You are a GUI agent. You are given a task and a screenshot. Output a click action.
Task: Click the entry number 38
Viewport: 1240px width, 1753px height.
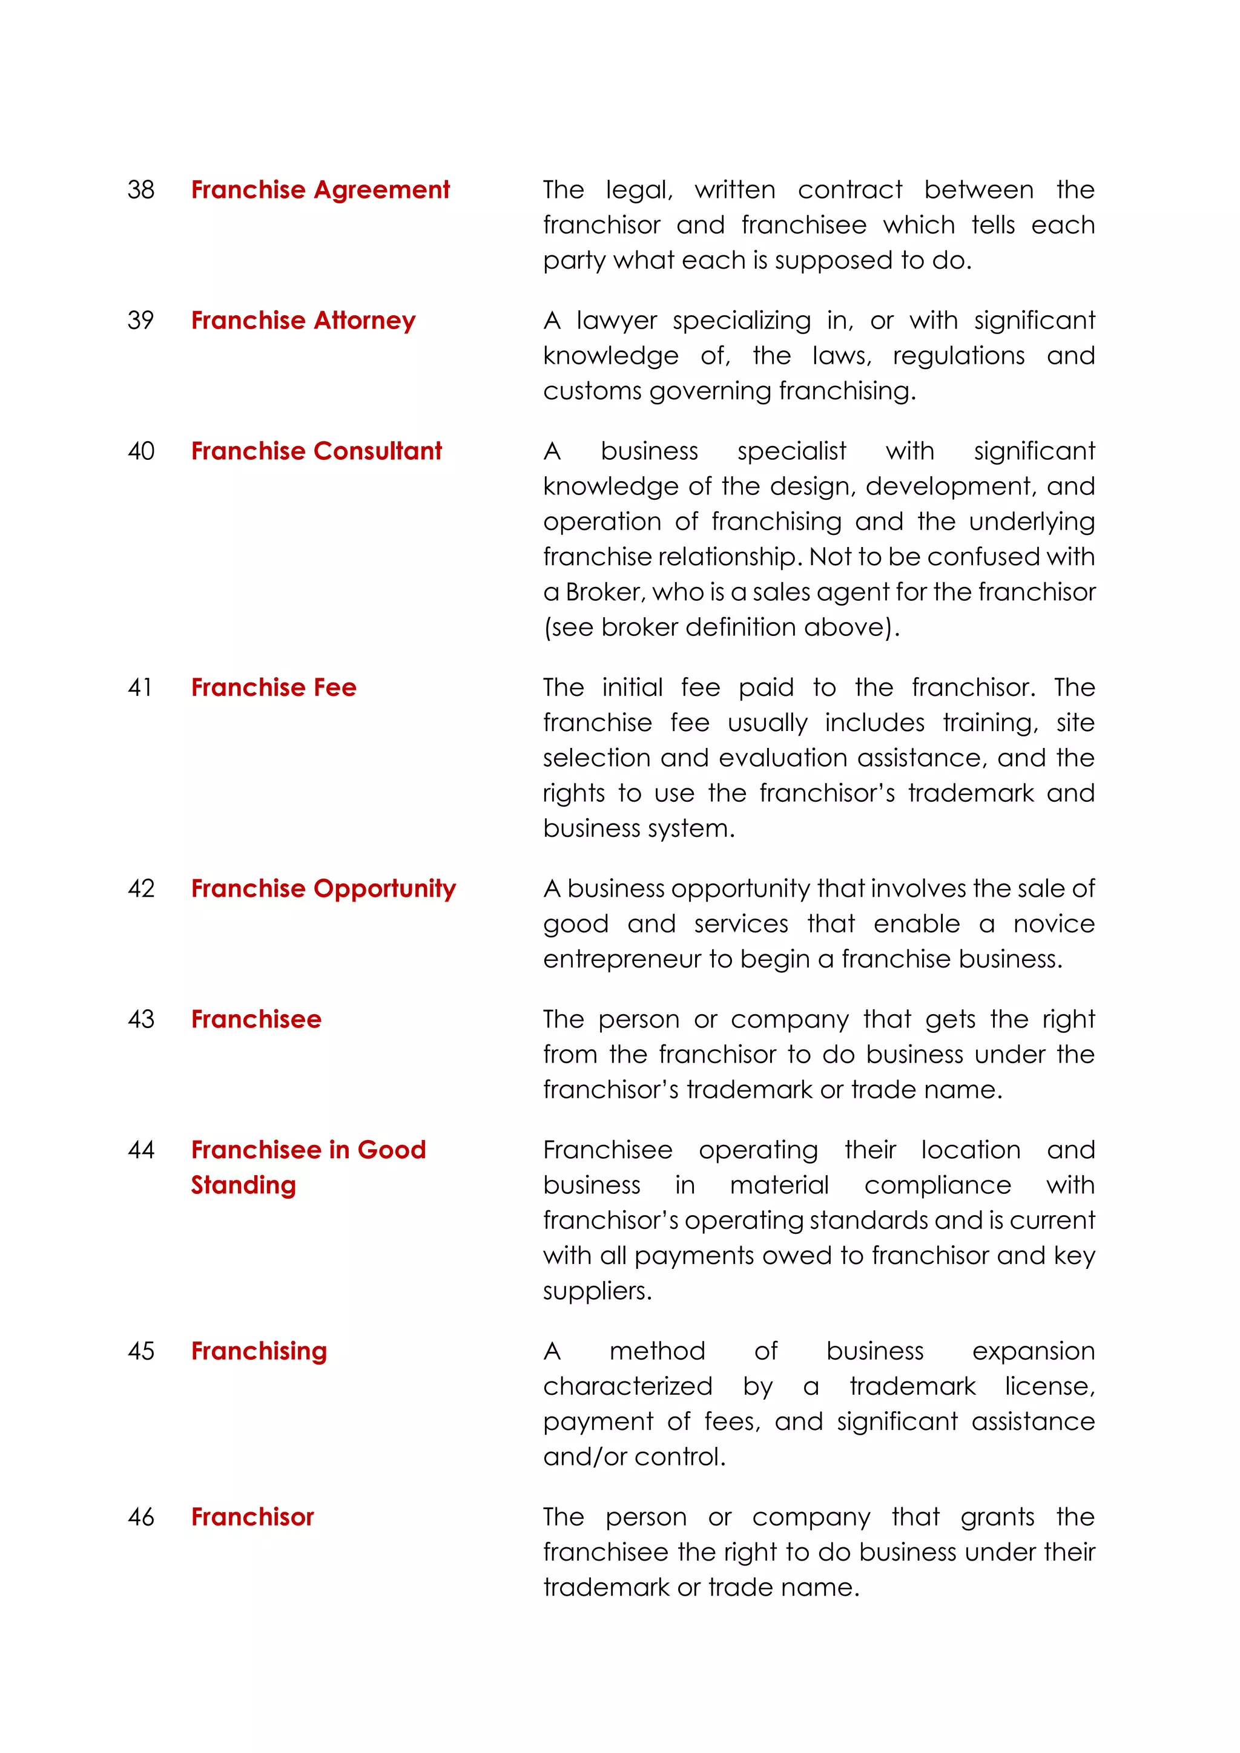click(x=140, y=189)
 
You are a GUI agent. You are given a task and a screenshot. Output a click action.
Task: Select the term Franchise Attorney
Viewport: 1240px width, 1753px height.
click(x=303, y=320)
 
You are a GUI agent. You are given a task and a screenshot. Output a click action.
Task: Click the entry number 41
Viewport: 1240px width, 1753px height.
click(x=140, y=687)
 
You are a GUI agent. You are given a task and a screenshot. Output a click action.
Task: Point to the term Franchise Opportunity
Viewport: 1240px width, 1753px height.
click(x=323, y=889)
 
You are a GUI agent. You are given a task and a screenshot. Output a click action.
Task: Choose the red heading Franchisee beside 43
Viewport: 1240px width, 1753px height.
click(x=256, y=1019)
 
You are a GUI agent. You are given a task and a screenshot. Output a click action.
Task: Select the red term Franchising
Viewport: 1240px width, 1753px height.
click(x=259, y=1351)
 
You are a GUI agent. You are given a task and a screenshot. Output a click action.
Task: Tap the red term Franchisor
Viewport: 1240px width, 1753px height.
click(x=252, y=1516)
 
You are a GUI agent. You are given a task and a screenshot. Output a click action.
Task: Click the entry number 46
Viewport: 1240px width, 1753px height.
click(x=140, y=1516)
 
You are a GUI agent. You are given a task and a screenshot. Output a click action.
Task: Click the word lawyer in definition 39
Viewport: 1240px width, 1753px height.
click(x=616, y=320)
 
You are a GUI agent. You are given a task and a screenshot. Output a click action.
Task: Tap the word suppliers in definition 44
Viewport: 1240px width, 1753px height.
click(x=597, y=1291)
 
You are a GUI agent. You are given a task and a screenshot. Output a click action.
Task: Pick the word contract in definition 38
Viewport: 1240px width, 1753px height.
click(x=849, y=189)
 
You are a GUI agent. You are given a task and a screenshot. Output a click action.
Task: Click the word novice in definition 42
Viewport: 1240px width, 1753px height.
click(x=1054, y=924)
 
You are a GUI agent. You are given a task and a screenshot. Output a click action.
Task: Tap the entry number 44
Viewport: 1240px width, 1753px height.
click(x=140, y=1150)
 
